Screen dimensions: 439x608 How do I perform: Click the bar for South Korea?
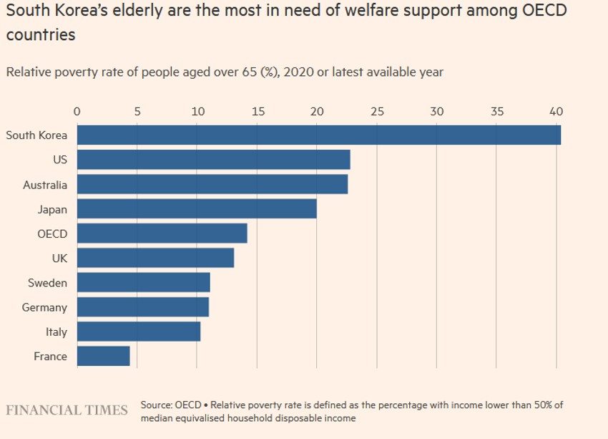[318, 135]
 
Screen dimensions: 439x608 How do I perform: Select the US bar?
[213, 160]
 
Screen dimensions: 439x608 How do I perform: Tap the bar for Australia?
[212, 185]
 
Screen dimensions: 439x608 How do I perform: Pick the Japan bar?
[197, 209]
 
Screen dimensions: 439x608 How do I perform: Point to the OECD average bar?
[162, 233]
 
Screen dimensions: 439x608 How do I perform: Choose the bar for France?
[103, 356]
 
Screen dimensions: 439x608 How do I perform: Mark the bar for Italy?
[138, 332]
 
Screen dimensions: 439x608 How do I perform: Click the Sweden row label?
[47, 283]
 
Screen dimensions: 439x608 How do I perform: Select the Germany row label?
[44, 307]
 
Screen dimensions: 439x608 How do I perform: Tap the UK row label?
[59, 259]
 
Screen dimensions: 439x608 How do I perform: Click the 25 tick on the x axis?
[377, 112]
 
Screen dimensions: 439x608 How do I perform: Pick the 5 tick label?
[137, 112]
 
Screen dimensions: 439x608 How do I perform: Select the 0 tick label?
[77, 112]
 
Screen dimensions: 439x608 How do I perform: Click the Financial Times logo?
[67, 410]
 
